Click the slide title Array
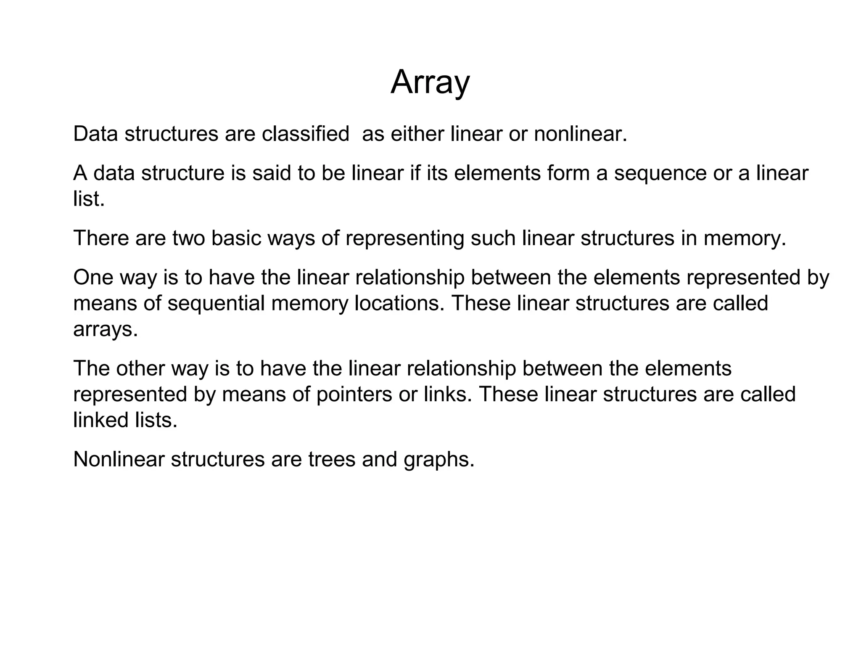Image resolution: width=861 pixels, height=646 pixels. (430, 82)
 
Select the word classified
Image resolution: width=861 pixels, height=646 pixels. (305, 134)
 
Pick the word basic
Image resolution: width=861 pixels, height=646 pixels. (235, 238)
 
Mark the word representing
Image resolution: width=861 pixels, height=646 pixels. (405, 239)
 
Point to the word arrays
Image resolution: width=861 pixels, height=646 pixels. (105, 330)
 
